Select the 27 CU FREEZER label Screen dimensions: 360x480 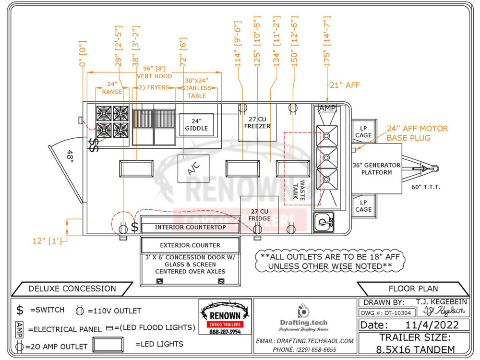pos(257,123)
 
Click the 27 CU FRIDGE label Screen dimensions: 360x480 pos(259,215)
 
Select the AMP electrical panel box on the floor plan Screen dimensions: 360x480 pos(327,108)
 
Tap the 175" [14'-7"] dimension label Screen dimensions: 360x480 pos(327,42)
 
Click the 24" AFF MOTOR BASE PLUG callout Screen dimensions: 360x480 pos(417,133)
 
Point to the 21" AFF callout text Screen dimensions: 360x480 pos(344,85)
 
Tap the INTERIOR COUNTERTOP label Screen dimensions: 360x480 pos(190,227)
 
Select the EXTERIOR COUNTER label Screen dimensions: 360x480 pos(190,245)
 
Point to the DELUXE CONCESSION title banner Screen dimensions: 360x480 pos(72,288)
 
